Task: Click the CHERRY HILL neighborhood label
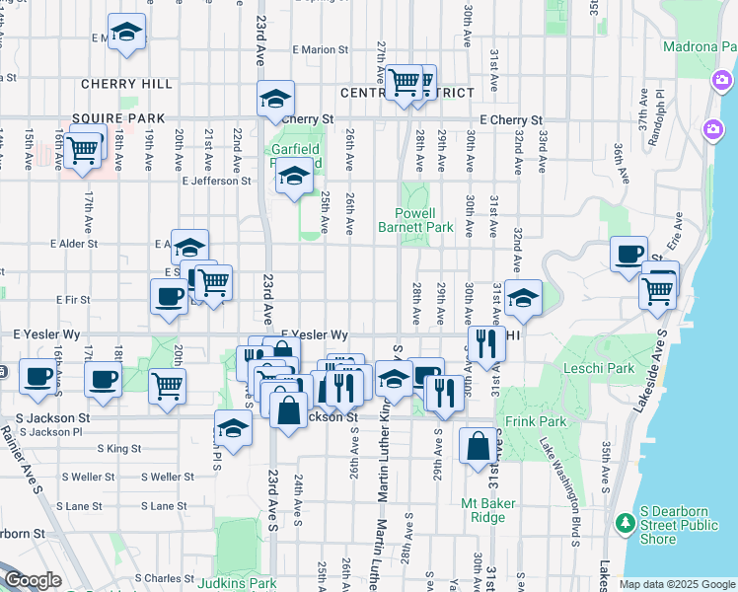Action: [126, 85]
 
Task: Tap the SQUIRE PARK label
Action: [123, 118]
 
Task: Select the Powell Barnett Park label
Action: [415, 219]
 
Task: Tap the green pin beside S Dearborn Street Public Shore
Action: [624, 522]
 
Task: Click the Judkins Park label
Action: [237, 582]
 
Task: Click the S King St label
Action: [118, 448]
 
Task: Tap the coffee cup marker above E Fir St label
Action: [169, 294]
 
